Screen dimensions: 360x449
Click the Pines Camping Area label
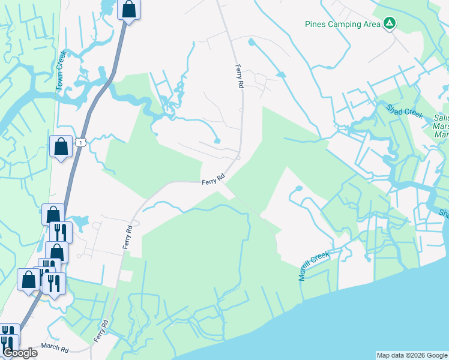343,24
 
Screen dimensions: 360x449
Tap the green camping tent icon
390,23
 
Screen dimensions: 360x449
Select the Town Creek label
60,78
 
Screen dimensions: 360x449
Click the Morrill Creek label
315,266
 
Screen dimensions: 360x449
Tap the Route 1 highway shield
80,142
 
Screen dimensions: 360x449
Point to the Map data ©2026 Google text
412,355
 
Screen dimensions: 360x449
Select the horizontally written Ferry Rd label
212,178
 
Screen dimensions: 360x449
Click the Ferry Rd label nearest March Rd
100,331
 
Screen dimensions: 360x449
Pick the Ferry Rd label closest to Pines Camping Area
239,77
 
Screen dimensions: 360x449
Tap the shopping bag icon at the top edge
129,10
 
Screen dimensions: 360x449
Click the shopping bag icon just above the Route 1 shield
61,146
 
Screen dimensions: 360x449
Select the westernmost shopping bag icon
29,279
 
